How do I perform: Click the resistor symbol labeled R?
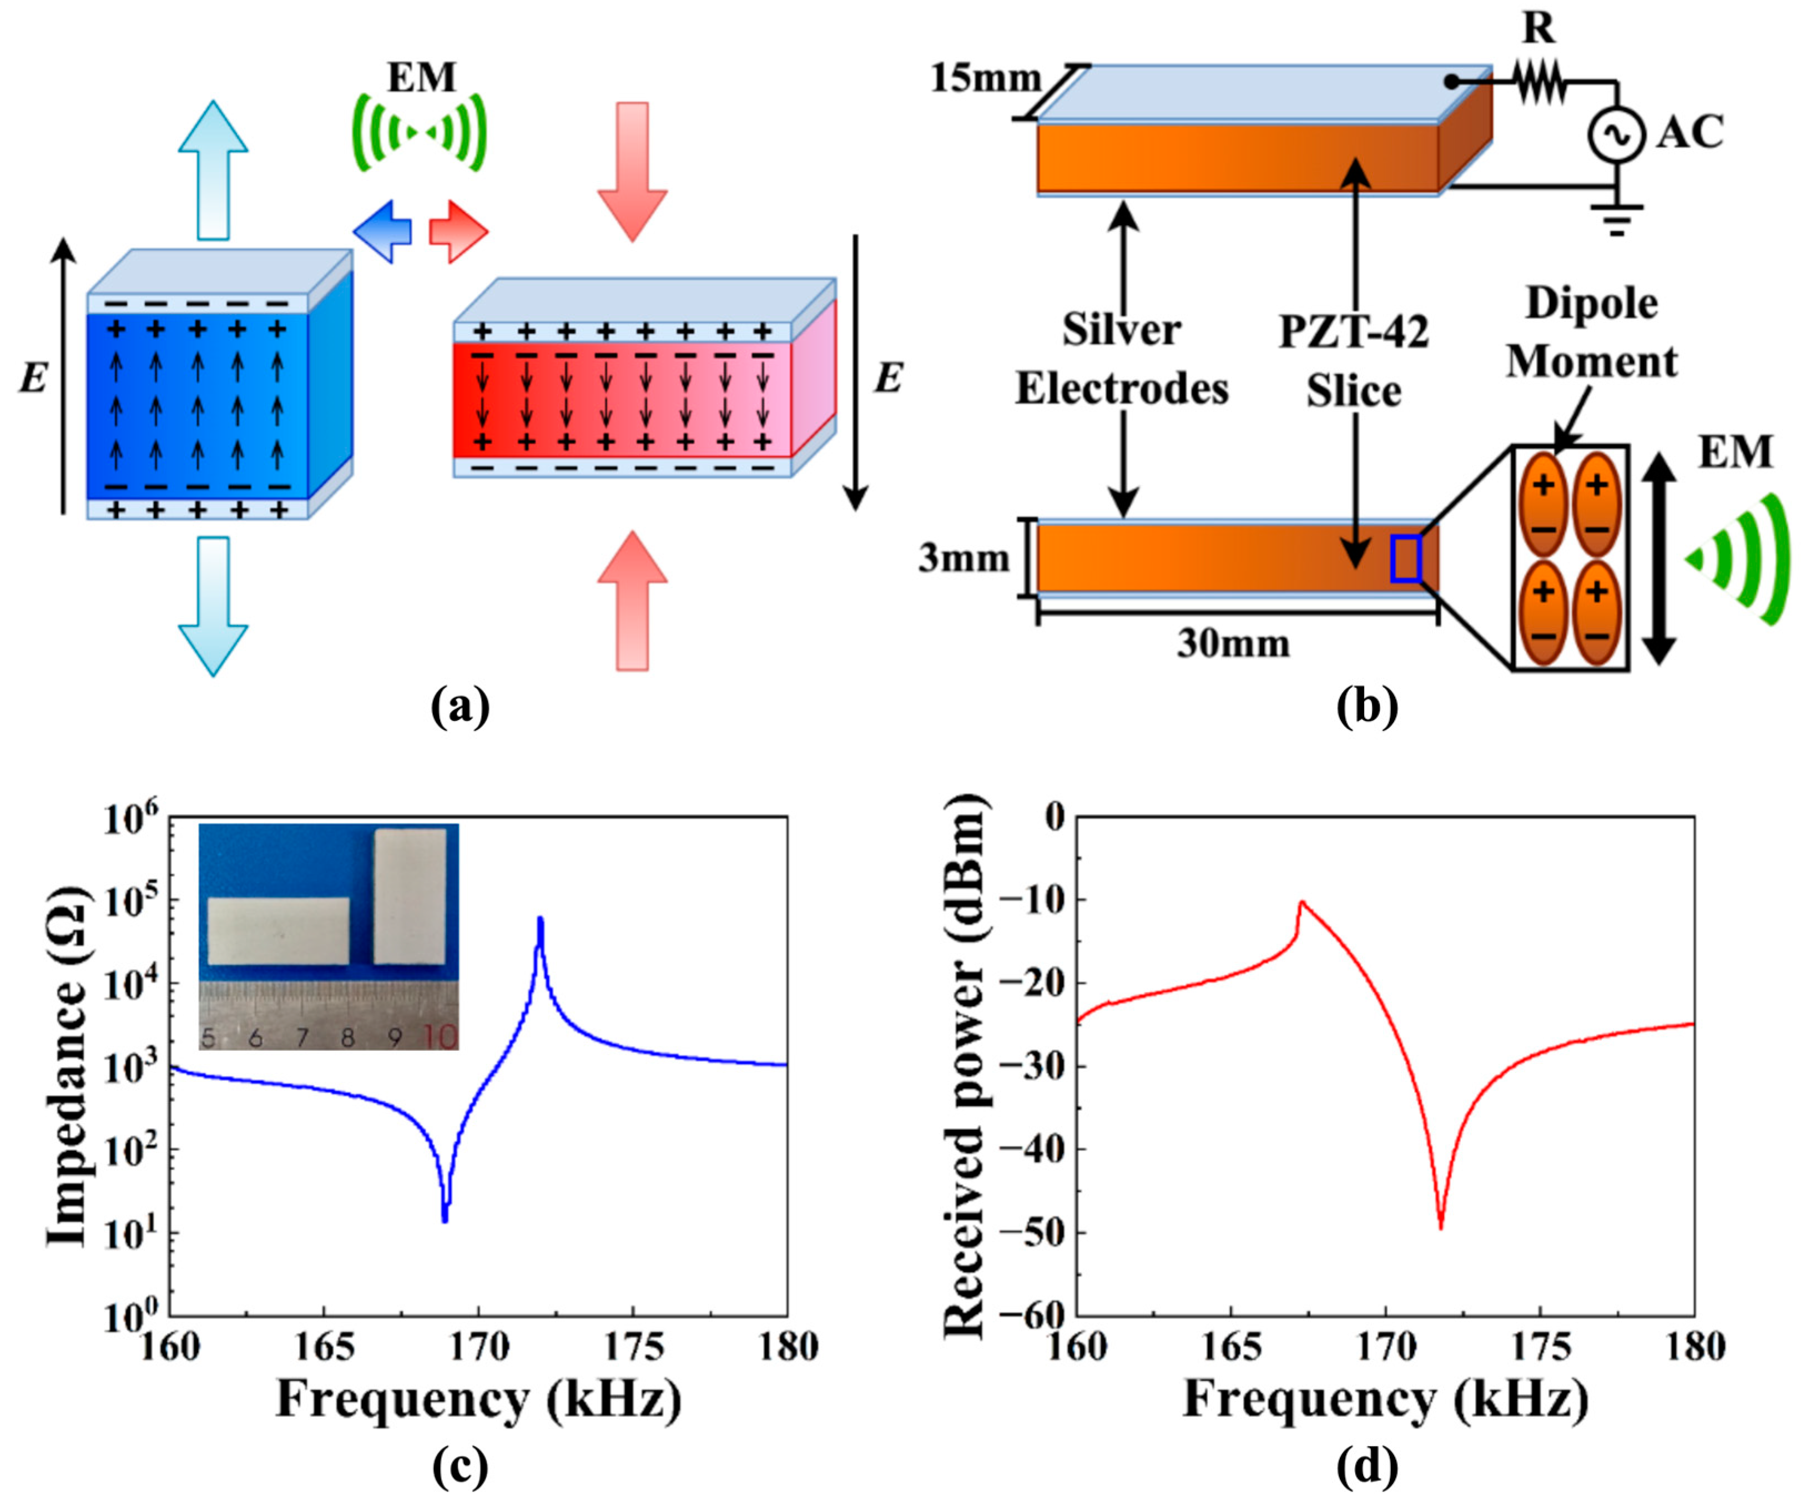[1540, 83]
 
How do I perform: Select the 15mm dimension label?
[985, 79]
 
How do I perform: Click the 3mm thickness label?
[964, 558]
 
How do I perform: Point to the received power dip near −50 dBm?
[1441, 1226]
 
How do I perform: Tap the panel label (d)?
[1367, 1467]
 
